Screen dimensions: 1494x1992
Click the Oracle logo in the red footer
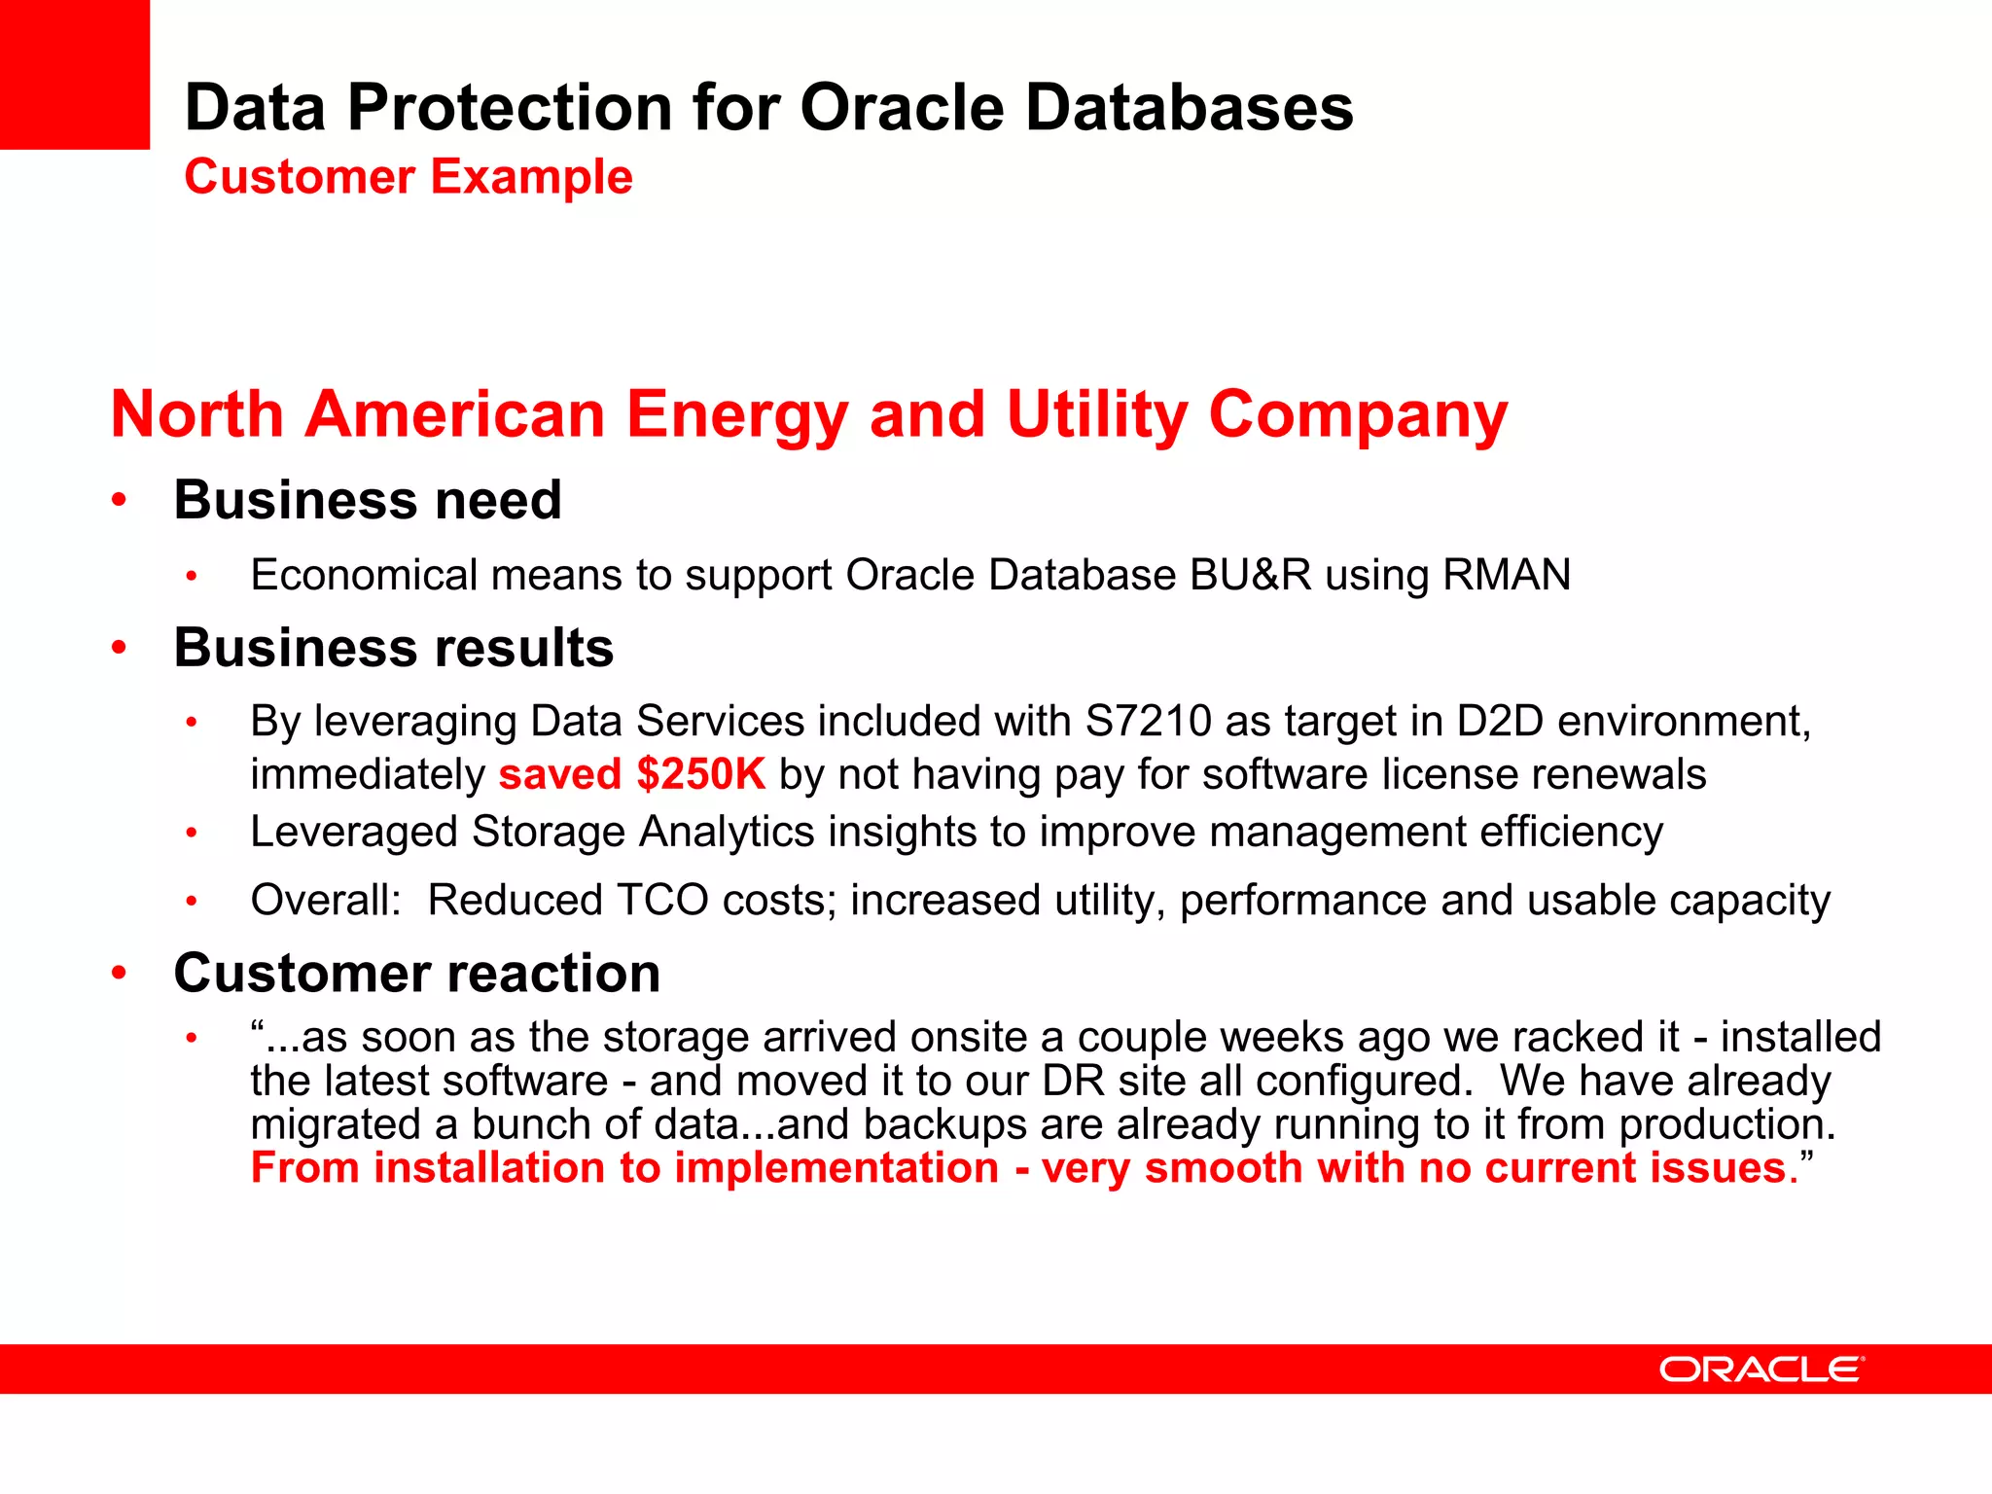tap(1761, 1369)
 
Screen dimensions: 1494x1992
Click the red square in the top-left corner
tap(74, 74)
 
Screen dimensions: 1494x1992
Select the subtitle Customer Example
tap(409, 177)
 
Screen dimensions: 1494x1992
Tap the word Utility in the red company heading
tap(1096, 415)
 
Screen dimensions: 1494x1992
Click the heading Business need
tap(368, 500)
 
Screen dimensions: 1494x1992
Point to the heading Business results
tap(393, 648)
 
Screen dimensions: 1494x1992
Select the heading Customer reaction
tap(416, 973)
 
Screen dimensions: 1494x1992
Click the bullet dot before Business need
tap(119, 501)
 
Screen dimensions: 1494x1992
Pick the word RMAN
tap(1507, 575)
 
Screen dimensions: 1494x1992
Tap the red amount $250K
tap(700, 775)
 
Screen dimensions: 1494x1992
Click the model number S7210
tap(1148, 722)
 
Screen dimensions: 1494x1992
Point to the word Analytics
tap(726, 833)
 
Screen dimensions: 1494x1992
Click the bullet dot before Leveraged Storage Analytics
tap(193, 833)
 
